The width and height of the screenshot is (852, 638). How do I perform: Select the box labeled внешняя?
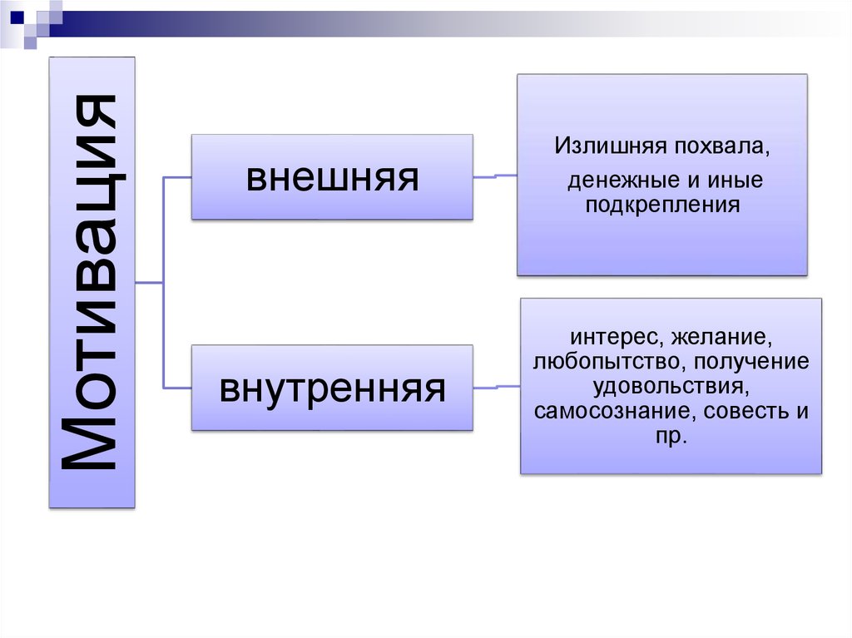click(332, 177)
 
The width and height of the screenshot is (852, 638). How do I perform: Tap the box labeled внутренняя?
click(332, 388)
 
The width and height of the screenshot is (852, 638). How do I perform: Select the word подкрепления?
click(662, 205)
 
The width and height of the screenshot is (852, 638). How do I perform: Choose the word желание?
click(721, 338)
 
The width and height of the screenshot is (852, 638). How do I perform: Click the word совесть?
click(746, 411)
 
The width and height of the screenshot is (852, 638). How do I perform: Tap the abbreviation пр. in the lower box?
click(671, 436)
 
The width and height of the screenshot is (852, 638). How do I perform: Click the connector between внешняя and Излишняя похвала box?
click(495, 176)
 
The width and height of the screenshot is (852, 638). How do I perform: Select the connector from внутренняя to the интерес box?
click(497, 387)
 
